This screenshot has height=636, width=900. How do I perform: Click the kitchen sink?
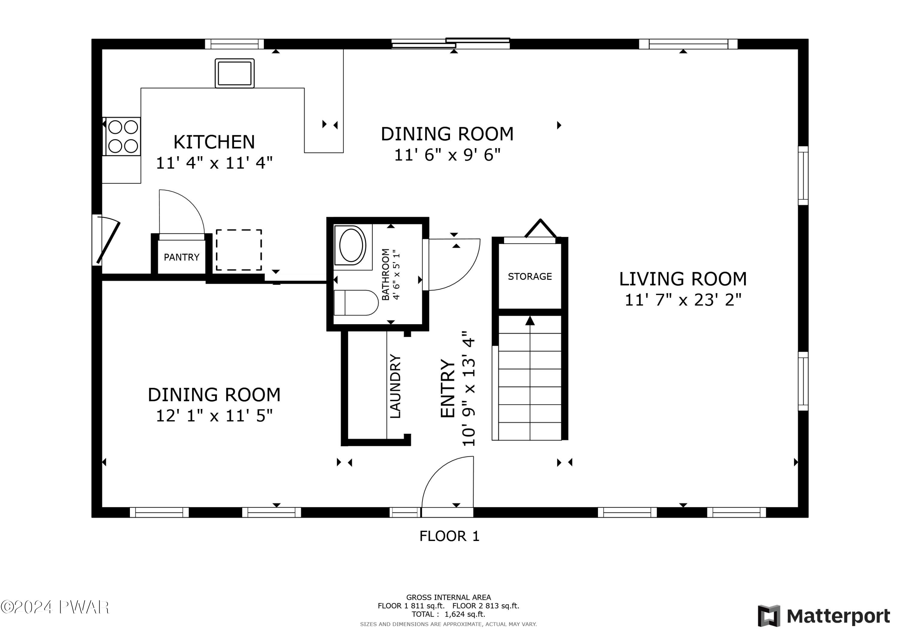pyautogui.click(x=234, y=73)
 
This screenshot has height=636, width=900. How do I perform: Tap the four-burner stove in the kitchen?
pyautogui.click(x=122, y=136)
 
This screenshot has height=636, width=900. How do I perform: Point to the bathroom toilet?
pyautogui.click(x=356, y=303)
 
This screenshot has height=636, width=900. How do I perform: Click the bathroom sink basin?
pyautogui.click(x=351, y=245)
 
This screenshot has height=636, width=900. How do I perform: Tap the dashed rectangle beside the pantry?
pyautogui.click(x=239, y=250)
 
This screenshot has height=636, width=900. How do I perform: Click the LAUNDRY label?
pyautogui.click(x=395, y=387)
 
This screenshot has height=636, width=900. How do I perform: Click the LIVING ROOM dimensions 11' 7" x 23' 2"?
pyautogui.click(x=683, y=300)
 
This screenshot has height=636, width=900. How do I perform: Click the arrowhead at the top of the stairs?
pyautogui.click(x=530, y=321)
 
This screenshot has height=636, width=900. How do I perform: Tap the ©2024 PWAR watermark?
pyautogui.click(x=55, y=608)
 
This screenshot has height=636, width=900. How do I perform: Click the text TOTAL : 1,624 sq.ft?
pyautogui.click(x=448, y=614)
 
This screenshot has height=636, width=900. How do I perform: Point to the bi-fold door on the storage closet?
pyautogui.click(x=540, y=228)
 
